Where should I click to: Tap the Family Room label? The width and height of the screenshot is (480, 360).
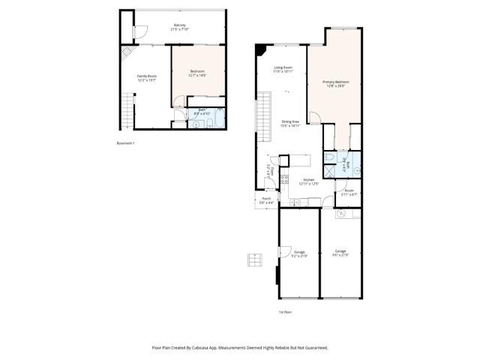coord(146,77)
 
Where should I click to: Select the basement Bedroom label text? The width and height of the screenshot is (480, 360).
coord(197,73)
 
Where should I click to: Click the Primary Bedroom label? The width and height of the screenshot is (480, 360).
coord(336,83)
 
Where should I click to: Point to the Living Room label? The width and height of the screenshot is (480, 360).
coord(283,70)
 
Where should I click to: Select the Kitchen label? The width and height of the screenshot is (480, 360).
coord(307,181)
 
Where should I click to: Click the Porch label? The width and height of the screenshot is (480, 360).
coord(266,200)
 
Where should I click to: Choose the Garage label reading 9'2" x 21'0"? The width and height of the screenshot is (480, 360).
coord(299,253)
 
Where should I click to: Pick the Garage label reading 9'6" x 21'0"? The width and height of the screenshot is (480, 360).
coord(340,253)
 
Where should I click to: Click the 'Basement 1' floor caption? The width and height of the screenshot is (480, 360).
coord(125,142)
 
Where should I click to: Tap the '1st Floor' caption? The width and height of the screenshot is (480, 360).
coord(285,311)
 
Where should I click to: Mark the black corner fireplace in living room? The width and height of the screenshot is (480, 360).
coord(259,50)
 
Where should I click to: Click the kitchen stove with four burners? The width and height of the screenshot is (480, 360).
coord(284,179)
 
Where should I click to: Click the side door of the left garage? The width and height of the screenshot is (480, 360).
coord(284,250)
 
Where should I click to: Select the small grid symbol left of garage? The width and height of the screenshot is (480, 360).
coord(255,260)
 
